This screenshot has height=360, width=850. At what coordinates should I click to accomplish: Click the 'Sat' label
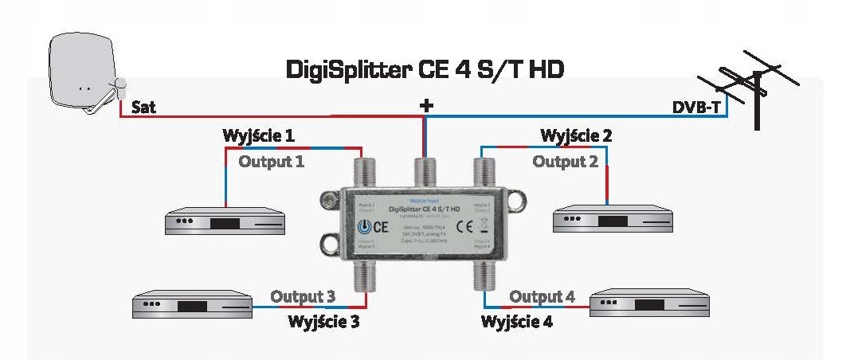143,107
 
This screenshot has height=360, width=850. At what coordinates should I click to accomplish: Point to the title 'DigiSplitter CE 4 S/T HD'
425,69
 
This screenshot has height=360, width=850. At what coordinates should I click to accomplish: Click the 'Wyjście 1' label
259,136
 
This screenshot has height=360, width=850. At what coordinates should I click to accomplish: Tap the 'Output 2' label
565,162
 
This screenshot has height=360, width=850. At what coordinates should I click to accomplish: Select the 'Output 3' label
302,296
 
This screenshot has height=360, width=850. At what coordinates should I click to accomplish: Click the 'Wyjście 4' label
517,323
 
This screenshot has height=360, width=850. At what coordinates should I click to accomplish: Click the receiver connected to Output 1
224,222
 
